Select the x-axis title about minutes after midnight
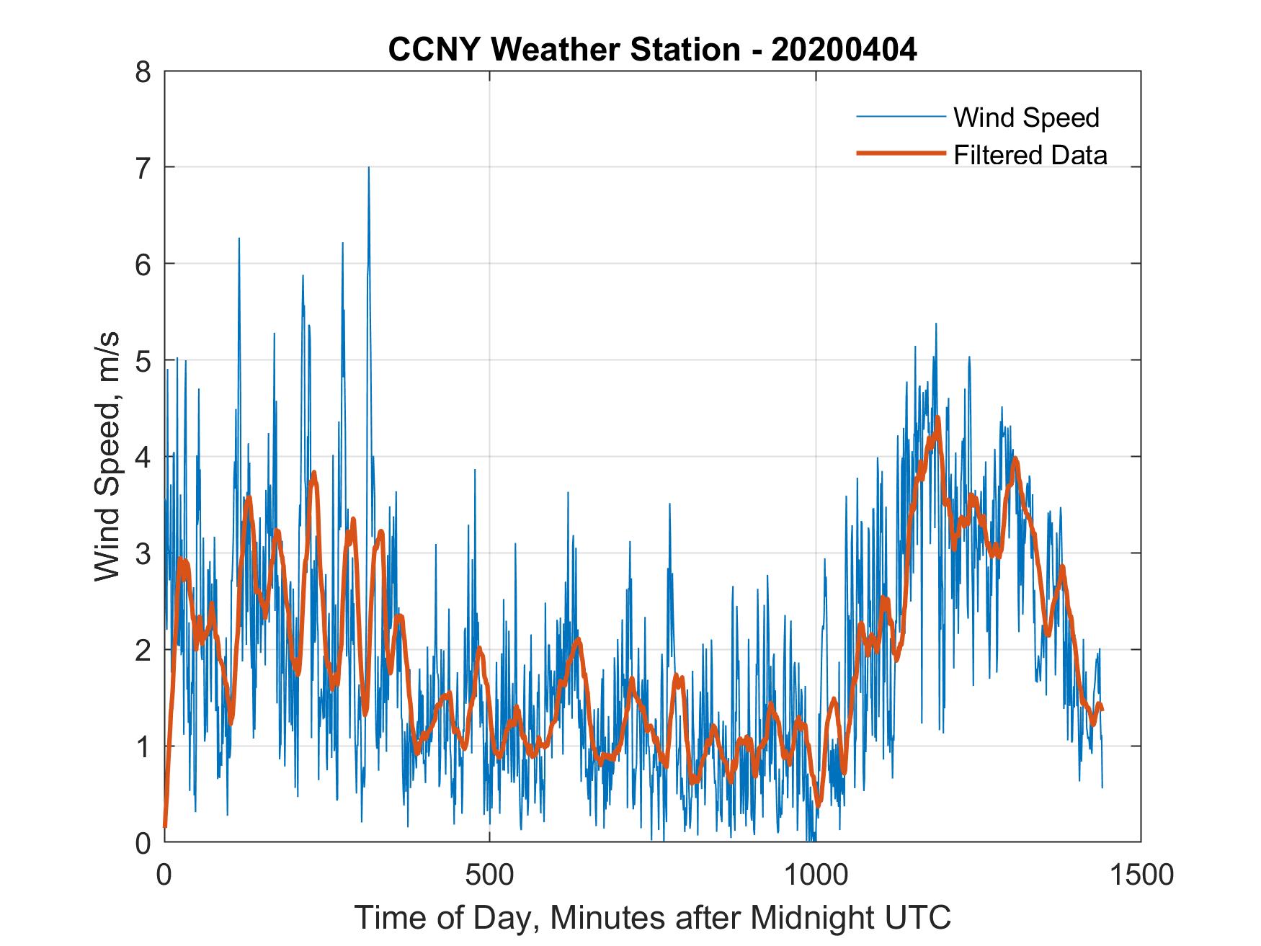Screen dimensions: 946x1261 click(652, 917)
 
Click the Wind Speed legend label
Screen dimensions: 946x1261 click(1026, 117)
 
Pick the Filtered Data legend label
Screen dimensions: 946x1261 click(1030, 155)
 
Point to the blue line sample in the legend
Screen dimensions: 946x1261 click(900, 117)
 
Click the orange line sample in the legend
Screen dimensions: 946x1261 click(900, 153)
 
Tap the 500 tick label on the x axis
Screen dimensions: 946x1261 click(489, 875)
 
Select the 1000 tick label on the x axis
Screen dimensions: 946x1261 click(816, 875)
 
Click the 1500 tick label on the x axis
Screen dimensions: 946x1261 click(1141, 875)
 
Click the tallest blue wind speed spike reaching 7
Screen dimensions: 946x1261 click(369, 169)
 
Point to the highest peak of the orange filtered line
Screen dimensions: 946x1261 click(937, 418)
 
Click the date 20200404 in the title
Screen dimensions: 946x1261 click(844, 50)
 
